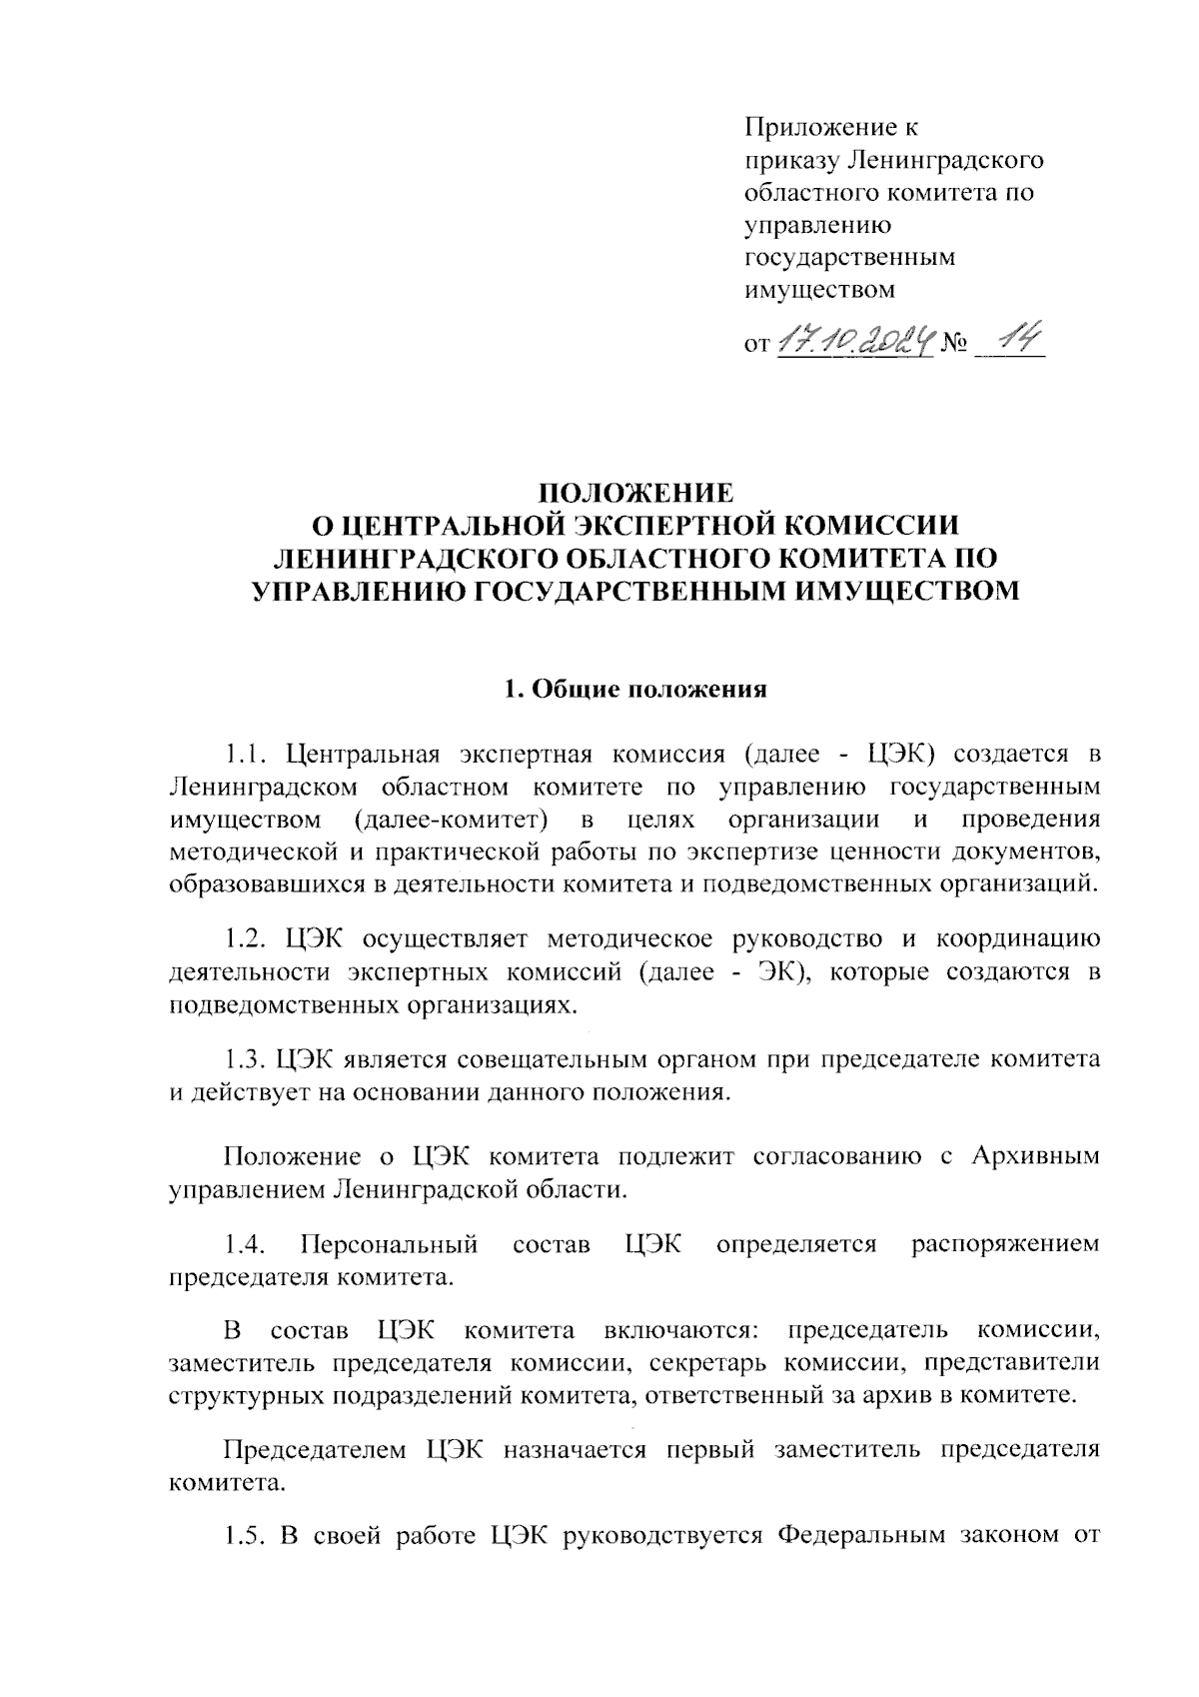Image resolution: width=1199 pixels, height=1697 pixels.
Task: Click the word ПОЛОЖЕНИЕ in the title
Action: [635, 493]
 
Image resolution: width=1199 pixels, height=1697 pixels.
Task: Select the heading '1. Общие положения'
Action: [635, 689]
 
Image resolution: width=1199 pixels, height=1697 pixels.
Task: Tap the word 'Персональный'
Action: [389, 1244]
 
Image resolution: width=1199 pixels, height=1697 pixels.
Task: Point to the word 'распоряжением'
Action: [1005, 1244]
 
